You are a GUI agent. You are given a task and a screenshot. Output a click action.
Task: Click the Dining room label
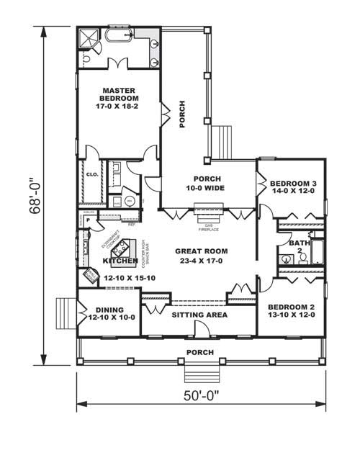(x=109, y=315)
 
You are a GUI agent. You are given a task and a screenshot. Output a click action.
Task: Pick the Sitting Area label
(x=199, y=315)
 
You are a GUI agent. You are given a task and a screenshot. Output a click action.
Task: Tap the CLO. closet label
(x=92, y=174)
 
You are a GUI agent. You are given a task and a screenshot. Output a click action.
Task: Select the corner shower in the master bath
(x=89, y=38)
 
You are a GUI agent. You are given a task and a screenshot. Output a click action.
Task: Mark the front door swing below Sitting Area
(x=202, y=328)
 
